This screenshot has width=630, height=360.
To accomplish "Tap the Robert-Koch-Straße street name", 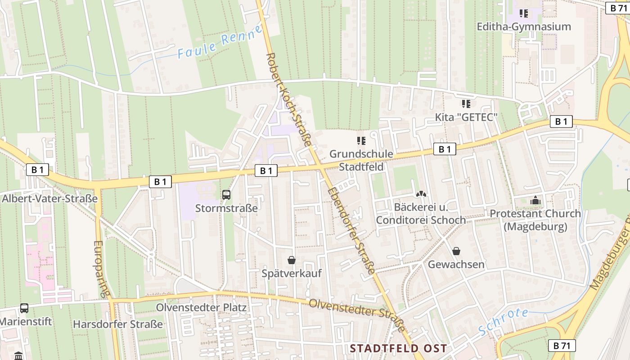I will coord(289,100).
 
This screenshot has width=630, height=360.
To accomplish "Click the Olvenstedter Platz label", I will coord(201,308).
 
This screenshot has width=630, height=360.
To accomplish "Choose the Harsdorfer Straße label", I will coord(118,324).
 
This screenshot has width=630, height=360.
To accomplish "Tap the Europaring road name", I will coord(102,269).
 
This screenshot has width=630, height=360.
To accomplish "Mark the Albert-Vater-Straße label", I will coord(49,198).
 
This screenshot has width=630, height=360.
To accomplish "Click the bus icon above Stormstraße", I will coord(226,195).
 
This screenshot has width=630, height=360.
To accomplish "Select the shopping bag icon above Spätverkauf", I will coord(292,260).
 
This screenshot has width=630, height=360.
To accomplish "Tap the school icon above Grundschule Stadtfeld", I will coord(361,141).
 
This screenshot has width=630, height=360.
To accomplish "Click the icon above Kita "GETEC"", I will coord(466,104).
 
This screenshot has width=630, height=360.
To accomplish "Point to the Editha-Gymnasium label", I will coord(524,27).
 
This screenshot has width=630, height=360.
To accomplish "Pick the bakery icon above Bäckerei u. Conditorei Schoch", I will coord(421,194).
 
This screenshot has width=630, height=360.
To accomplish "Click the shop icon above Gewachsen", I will coord(456,251).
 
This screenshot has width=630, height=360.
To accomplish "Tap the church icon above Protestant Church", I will coord(535,200).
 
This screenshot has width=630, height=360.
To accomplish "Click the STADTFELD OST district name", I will coord(398,348).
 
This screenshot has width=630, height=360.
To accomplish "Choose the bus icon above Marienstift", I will coord(24,308).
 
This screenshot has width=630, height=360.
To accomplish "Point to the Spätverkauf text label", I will coord(292,273).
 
